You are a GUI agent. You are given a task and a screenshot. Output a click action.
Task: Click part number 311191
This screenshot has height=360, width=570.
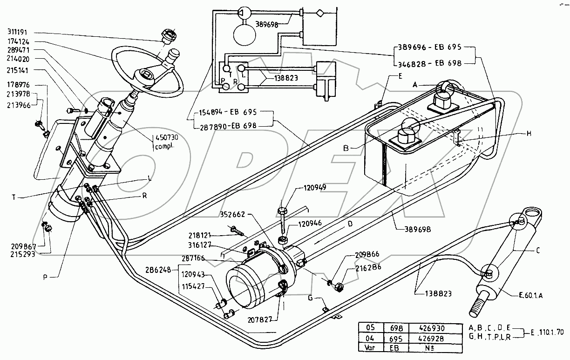click(x=18, y=32)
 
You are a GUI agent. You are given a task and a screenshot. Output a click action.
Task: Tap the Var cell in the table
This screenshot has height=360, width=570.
click(x=369, y=347)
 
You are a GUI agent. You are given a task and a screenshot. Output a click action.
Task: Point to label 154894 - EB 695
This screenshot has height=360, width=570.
click(x=228, y=112)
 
